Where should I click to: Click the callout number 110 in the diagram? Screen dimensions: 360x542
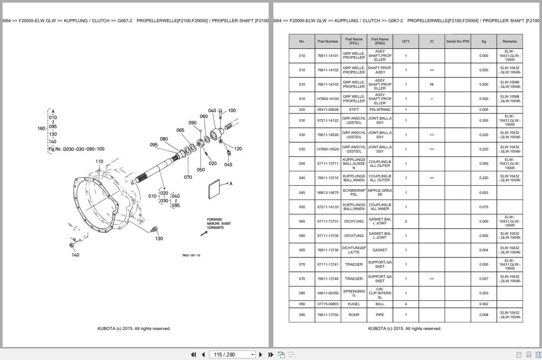tap(100, 161)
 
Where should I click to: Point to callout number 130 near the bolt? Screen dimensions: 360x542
tap(159, 238)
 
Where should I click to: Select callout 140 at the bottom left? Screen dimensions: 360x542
tap(75, 255)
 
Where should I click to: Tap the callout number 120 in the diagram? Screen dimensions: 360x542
tap(238, 149)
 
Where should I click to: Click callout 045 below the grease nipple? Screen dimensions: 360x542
tap(228, 164)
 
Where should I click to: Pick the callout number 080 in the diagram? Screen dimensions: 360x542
tap(164, 139)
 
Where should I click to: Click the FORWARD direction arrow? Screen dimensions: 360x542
tap(203, 233)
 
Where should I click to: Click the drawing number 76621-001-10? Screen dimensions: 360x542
tap(191, 255)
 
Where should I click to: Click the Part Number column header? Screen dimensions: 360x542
tap(328, 41)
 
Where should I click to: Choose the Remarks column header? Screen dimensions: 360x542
tap(509, 41)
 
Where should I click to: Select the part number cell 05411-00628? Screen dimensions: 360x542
tap(328, 110)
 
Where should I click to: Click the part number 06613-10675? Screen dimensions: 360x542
tap(328, 193)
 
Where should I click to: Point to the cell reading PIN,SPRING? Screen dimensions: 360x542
tap(380, 110)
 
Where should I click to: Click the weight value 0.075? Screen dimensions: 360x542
tap(483, 207)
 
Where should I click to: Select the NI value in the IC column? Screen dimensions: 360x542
tap(432, 84)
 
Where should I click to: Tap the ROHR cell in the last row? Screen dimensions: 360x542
tap(354, 315)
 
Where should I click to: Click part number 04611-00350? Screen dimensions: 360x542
tap(328, 293)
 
